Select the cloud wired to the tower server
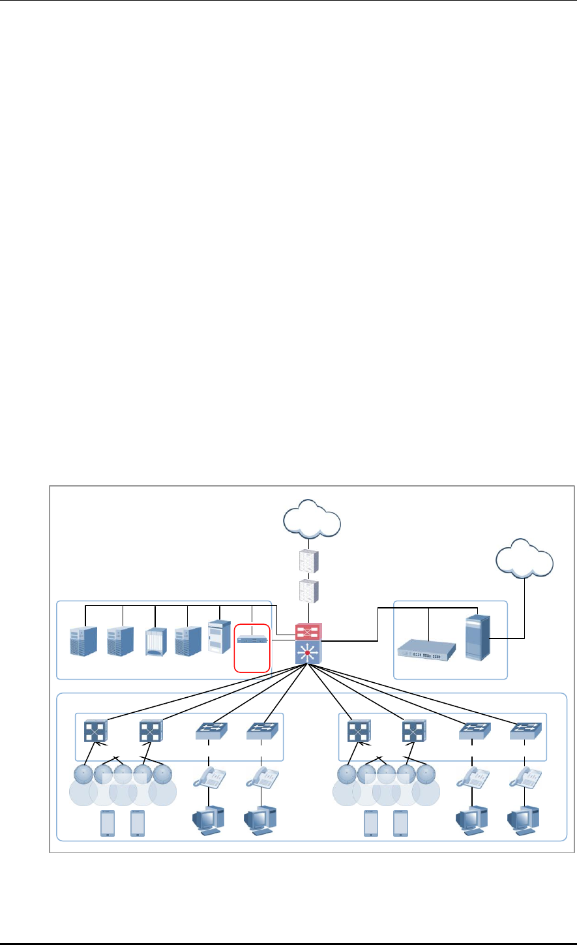pos(524,558)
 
